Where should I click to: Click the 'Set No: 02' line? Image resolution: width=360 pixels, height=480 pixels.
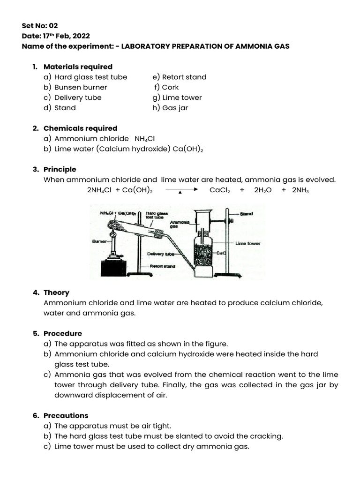coord(40,26)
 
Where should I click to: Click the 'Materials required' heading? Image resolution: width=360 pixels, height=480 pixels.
coord(78,67)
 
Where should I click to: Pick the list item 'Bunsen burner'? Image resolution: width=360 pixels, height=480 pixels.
coord(81,87)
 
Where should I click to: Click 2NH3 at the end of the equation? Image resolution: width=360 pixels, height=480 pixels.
coord(300,190)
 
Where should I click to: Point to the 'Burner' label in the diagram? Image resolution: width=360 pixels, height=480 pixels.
coord(100,241)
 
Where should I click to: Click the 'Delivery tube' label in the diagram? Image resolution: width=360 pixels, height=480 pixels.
coord(160,254)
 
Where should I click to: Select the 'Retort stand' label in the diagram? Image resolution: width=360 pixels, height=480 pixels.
coord(163,266)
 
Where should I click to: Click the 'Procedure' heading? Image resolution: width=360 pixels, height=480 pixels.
coord(63,334)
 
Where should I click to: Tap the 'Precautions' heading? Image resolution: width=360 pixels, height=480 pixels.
coord(66,416)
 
